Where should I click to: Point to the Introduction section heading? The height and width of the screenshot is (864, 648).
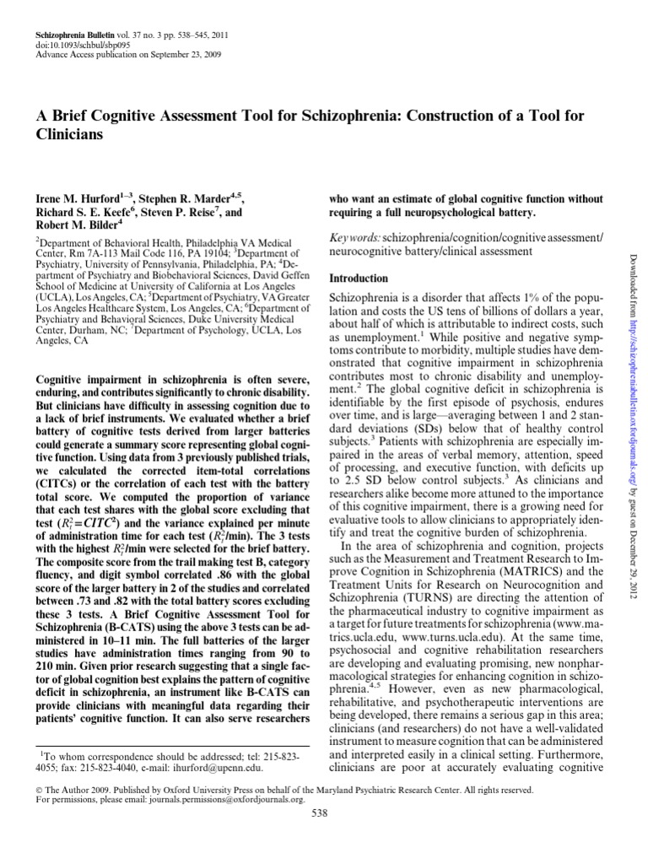[x=359, y=278]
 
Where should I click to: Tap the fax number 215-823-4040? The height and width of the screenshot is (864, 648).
[x=105, y=767]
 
